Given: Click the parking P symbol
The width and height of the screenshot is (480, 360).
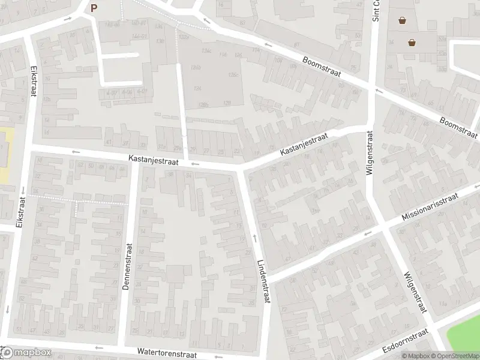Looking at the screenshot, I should click(x=94, y=8).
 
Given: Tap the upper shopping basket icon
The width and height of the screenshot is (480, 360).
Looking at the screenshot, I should click(x=402, y=20).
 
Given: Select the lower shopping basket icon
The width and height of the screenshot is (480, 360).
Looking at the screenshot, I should click(x=412, y=42).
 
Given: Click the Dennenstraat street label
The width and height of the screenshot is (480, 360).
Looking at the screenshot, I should click(x=127, y=266).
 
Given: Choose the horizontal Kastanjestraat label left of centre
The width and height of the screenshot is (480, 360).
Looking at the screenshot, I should click(x=153, y=160).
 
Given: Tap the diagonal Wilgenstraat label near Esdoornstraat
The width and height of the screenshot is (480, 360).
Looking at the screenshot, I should click(x=415, y=292).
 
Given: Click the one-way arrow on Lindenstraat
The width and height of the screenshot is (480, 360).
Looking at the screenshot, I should click(x=255, y=239).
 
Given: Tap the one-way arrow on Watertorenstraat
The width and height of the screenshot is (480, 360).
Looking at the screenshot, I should click(x=98, y=347).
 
